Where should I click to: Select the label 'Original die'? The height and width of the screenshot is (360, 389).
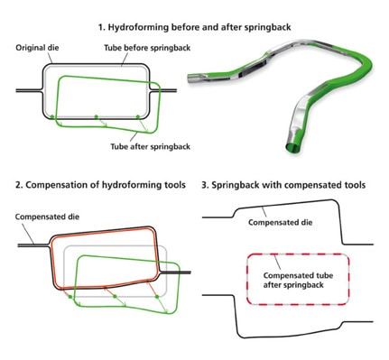click(x=36, y=46)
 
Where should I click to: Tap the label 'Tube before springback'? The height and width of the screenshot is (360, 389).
click(x=137, y=46)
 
